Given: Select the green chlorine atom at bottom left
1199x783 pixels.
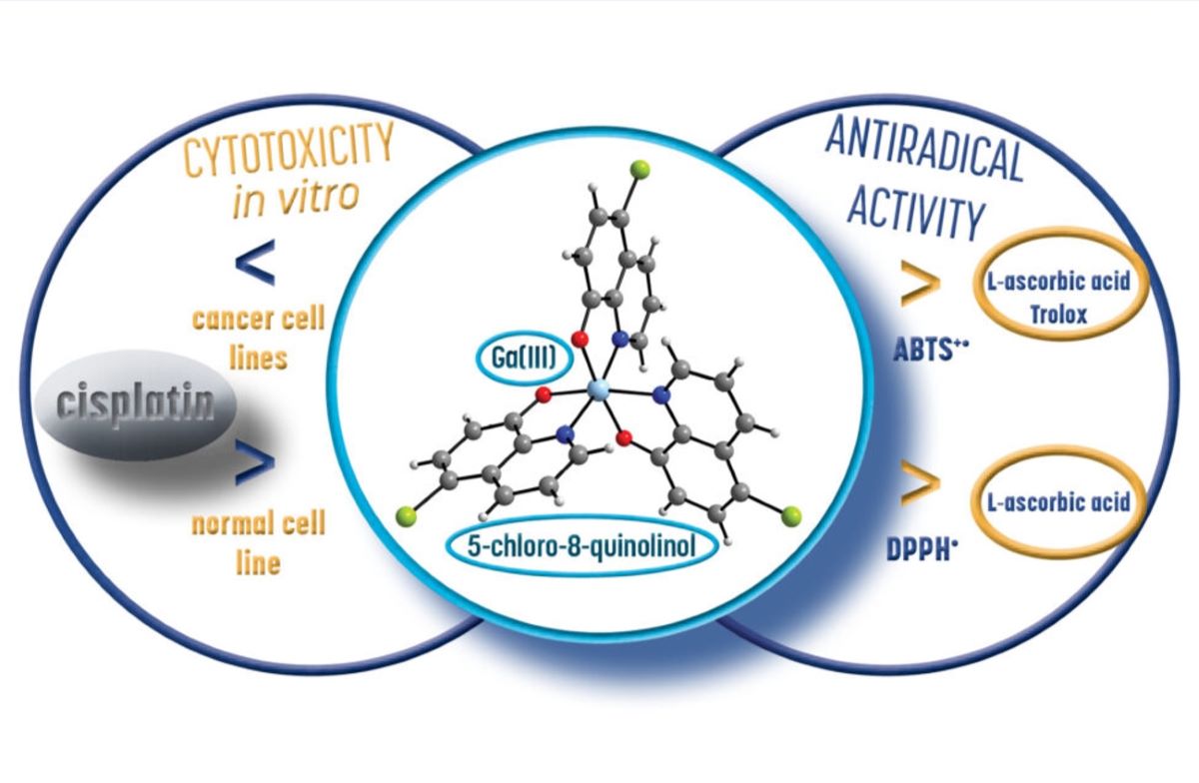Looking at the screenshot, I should (x=406, y=516).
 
